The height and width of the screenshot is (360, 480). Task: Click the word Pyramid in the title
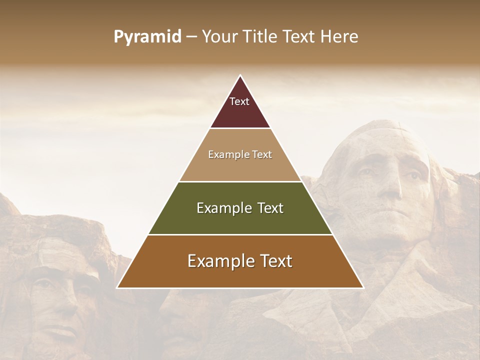(147, 37)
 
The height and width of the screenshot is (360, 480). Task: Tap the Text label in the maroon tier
(239, 101)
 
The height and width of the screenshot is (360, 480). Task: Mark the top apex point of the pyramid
(240, 75)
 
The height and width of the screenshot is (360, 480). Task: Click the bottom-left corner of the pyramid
(117, 287)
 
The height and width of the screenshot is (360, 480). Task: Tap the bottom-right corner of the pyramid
(363, 287)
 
